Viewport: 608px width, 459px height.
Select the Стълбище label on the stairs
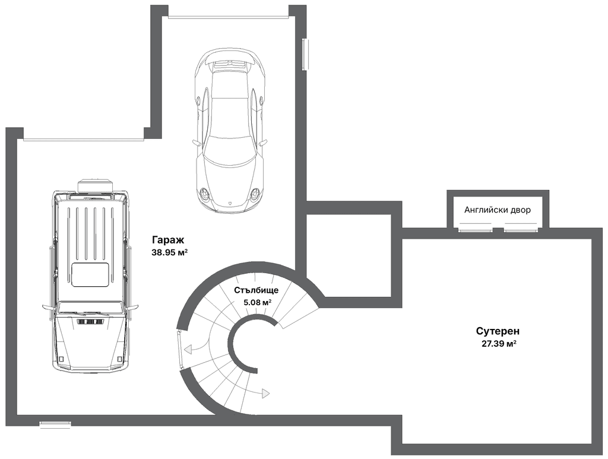pyautogui.click(x=256, y=290)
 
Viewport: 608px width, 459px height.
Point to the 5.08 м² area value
pyautogui.click(x=257, y=302)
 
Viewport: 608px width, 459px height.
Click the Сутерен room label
pyautogui.click(x=498, y=331)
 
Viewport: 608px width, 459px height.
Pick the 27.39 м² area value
pyautogui.click(x=499, y=343)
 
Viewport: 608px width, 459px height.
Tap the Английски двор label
pyautogui.click(x=498, y=210)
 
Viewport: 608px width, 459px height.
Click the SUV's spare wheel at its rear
pyautogui.click(x=96, y=185)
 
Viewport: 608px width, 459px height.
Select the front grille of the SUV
pyautogui.click(x=91, y=322)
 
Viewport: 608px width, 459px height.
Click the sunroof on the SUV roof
pyautogui.click(x=91, y=275)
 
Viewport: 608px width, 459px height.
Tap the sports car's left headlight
pyautogui.click(x=204, y=192)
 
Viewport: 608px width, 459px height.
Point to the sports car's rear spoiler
pyautogui.click(x=230, y=58)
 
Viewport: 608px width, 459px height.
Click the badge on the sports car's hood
pyautogui.click(x=230, y=203)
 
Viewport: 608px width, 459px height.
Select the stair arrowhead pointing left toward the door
pyautogui.click(x=188, y=349)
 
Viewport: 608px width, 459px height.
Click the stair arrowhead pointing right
pyautogui.click(x=265, y=394)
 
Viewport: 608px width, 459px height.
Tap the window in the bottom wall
pyautogui.click(x=55, y=425)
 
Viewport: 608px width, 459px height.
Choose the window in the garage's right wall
pyautogui.click(x=306, y=54)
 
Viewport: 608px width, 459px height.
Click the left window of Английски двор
pyautogui.click(x=476, y=229)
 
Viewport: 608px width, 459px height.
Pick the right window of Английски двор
pyautogui.click(x=521, y=229)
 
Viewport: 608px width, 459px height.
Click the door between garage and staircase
pyautogui.click(x=180, y=349)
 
